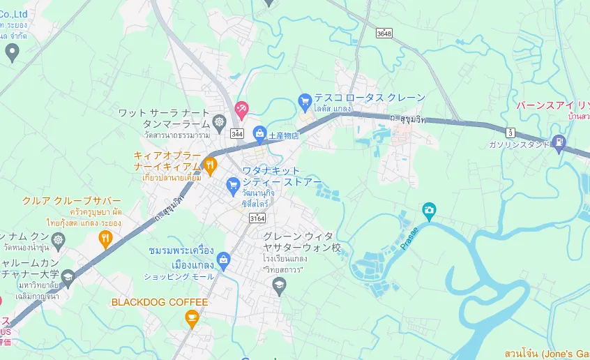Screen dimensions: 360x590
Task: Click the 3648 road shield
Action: tap(384, 33)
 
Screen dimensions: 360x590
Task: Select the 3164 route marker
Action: tap(257, 219)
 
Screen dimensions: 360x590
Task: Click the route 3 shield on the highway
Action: tap(511, 131)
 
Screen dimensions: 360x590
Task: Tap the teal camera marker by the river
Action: tap(429, 209)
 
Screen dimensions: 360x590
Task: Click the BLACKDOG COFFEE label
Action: tap(160, 302)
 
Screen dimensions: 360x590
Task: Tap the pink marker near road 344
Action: tap(241, 109)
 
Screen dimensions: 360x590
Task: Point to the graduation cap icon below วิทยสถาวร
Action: tap(279, 284)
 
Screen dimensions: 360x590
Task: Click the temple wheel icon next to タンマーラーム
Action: tap(220, 121)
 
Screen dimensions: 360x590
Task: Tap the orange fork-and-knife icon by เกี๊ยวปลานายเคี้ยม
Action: tap(210, 165)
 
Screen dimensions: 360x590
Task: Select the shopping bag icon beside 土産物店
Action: tap(259, 133)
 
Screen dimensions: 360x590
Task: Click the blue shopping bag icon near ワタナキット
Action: tap(234, 185)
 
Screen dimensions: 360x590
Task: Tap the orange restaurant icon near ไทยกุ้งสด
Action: tap(105, 240)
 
